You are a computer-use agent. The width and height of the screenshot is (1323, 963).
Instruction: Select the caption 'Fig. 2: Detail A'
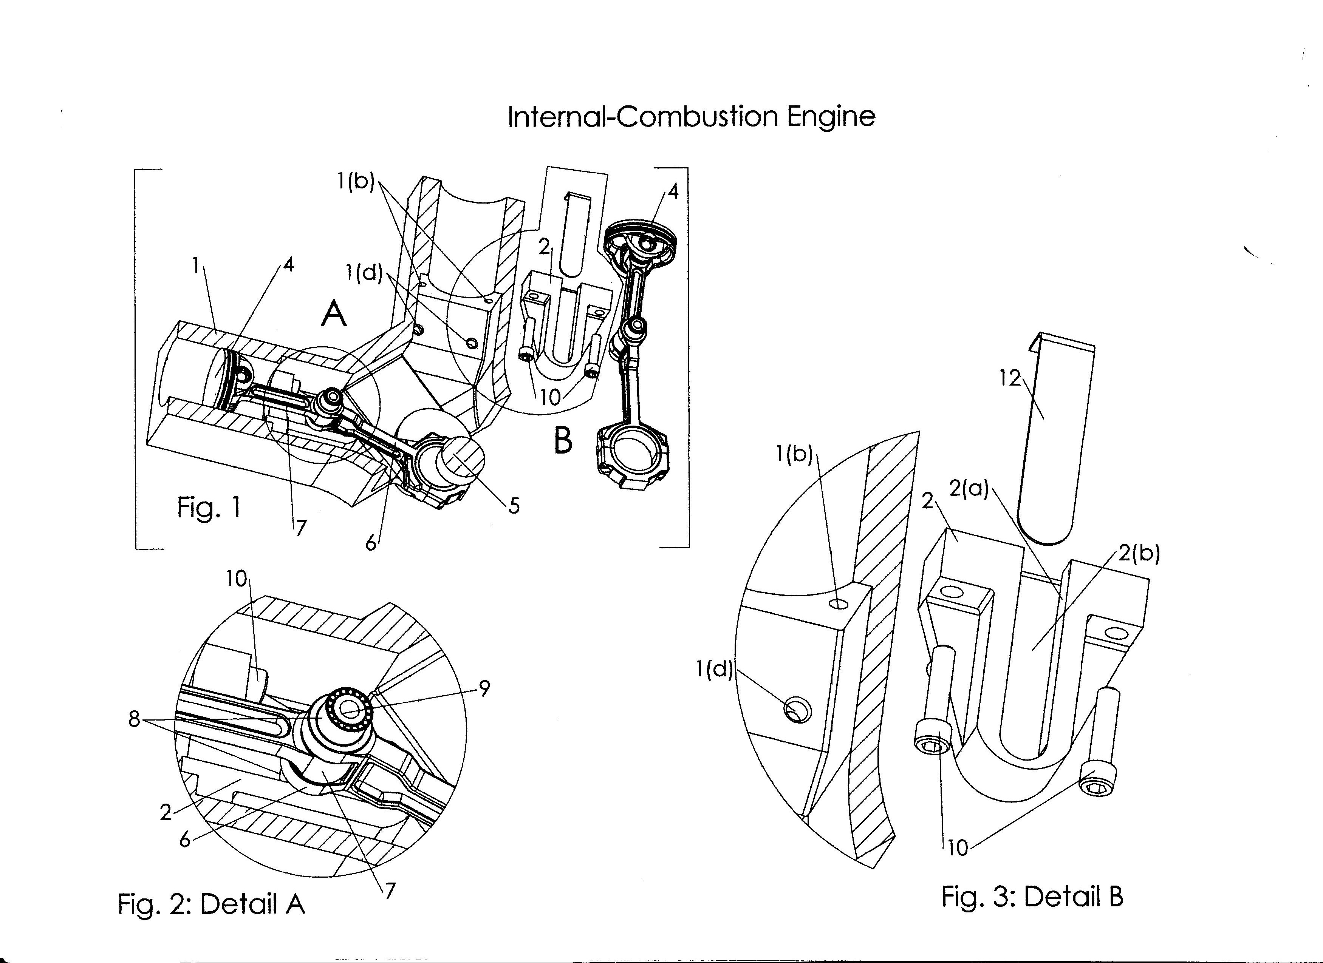[x=211, y=904]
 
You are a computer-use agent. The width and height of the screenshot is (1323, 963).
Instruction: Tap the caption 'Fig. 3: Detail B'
[x=1032, y=896]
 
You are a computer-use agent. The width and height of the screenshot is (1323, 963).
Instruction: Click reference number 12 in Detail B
[x=1010, y=379]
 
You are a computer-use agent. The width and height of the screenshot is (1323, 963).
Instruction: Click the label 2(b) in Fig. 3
[x=1139, y=554]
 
